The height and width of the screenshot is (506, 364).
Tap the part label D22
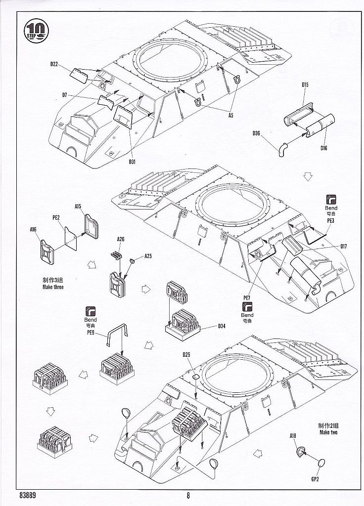click(54, 64)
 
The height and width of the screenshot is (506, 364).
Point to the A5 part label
click(230, 115)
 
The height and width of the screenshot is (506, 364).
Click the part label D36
click(256, 133)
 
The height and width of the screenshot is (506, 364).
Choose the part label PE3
click(331, 221)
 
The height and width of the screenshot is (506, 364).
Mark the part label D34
click(221, 326)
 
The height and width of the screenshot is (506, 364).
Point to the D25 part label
click(186, 354)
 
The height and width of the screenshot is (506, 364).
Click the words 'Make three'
click(53, 287)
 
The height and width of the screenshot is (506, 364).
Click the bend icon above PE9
click(91, 311)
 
